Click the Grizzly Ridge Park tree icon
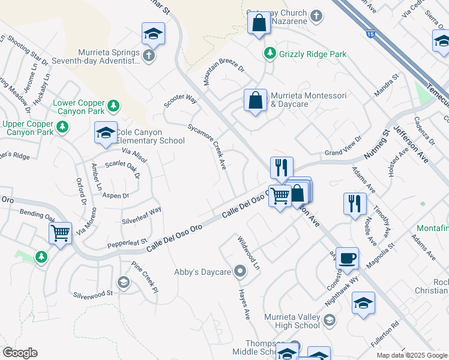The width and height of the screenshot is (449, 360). tap(270, 54)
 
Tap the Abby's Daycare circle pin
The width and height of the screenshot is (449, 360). tap(241, 272)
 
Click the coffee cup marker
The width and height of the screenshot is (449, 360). tap(347, 259)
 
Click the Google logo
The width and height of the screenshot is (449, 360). tap(20, 353)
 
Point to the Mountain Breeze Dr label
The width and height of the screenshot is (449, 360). tap(223, 74)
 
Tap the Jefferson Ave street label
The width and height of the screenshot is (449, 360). tap(411, 144)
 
